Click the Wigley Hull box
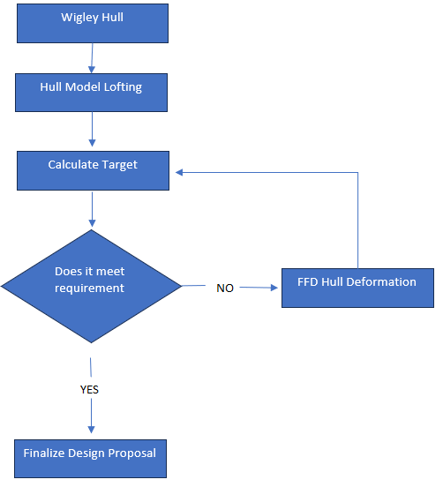tap(93, 23)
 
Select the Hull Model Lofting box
tap(91, 93)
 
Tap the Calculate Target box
tap(93, 170)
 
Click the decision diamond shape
tap(91, 287)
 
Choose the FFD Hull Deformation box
tap(358, 288)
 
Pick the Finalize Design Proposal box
tap(90, 459)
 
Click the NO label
tap(225, 288)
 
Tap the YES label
tap(89, 389)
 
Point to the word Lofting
tap(123, 87)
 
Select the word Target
tap(119, 165)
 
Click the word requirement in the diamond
tap(89, 288)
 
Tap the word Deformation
tap(381, 282)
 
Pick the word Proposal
tap(132, 453)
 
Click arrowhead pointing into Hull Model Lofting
tap(92, 70)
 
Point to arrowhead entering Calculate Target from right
tap(179, 172)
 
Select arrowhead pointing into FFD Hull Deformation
tap(274, 288)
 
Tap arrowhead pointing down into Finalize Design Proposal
tap(91, 430)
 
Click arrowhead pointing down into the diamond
tap(92, 223)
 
